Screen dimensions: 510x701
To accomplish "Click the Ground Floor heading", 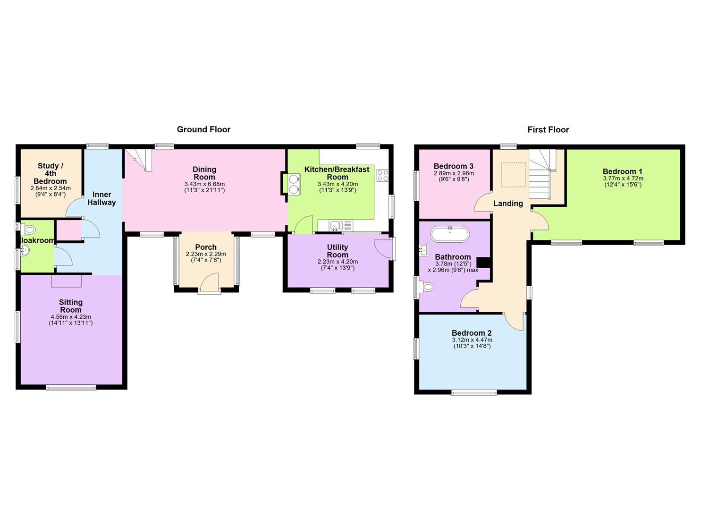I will point(203,129).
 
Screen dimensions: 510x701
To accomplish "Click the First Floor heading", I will point(548,129).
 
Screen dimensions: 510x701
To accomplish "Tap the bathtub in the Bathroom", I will point(450,234).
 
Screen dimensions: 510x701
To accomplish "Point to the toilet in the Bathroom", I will point(427,287).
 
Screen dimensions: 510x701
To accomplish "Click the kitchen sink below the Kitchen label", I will point(336,226).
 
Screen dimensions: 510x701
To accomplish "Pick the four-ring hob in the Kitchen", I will point(382,176).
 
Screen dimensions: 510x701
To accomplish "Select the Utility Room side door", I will point(383,249).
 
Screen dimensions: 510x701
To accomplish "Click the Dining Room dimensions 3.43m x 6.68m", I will point(204,184).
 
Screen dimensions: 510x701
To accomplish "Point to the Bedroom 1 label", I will point(622,171).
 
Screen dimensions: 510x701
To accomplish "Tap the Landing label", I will point(508,204).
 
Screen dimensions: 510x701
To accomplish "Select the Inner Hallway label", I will point(101,198).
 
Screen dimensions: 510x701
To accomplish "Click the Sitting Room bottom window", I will point(71,388).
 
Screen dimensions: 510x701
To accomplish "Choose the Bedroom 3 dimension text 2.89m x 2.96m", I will point(453,173).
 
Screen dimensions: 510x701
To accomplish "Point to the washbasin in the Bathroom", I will point(423,250).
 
